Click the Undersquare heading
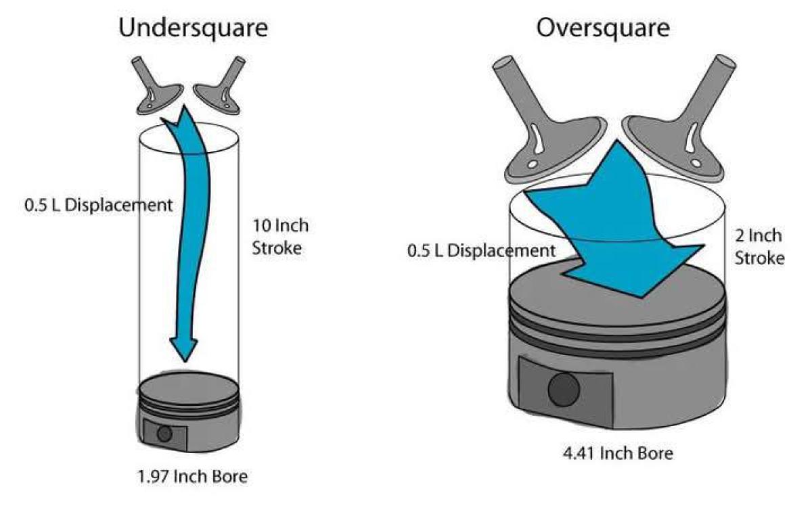point(193,28)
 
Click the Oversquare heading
point(602,28)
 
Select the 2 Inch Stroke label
point(758,246)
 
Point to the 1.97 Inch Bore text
point(191,476)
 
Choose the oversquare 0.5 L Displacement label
point(480,251)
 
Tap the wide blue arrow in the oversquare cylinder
point(609,230)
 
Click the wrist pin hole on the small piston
point(164,434)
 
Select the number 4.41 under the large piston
point(575,452)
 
